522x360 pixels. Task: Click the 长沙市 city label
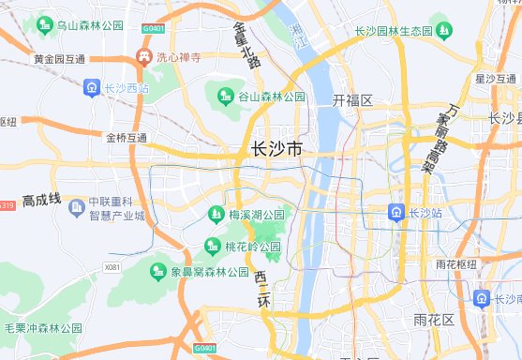[278, 149]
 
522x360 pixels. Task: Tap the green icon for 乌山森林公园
[45, 24]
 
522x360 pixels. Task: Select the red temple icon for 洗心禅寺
[144, 57]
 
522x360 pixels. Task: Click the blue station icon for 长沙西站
[91, 88]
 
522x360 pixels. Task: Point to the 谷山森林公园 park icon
[225, 96]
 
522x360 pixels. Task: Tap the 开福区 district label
[352, 100]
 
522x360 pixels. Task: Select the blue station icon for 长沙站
[397, 213]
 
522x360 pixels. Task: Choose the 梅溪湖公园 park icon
[217, 215]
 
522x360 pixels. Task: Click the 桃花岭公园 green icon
[212, 247]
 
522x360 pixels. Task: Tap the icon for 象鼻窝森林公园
[158, 272]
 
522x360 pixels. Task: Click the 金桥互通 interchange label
[127, 137]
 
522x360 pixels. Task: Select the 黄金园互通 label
[59, 59]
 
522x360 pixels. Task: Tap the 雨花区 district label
[434, 321]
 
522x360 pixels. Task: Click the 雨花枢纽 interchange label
[458, 264]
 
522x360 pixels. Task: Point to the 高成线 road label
[41, 200]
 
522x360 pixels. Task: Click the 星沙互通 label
[498, 78]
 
